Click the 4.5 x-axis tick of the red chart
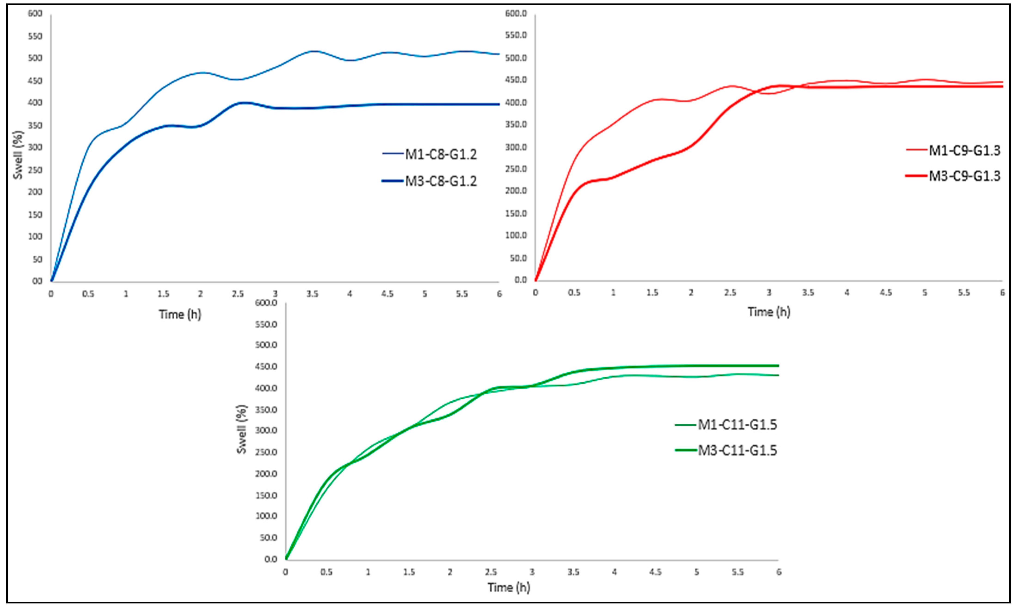[x=886, y=293]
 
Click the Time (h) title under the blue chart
[x=180, y=314]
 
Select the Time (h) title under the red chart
[x=769, y=312]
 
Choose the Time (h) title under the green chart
[x=509, y=587]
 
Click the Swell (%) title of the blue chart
[x=18, y=155]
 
